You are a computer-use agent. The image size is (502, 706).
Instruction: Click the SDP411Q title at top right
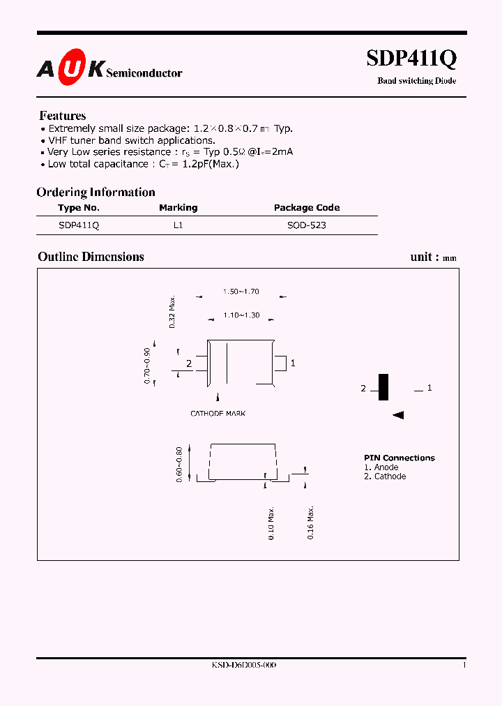point(411,59)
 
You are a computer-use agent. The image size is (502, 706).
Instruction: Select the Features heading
point(63,116)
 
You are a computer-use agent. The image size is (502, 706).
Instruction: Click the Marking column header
point(178,208)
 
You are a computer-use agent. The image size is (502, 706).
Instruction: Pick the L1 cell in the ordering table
point(178,226)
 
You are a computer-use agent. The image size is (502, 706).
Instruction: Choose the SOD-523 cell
point(307,226)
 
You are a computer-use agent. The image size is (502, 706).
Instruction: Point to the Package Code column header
point(307,208)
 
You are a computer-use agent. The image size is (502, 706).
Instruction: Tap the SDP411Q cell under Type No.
point(79,226)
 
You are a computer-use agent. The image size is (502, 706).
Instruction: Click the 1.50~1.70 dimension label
point(241,292)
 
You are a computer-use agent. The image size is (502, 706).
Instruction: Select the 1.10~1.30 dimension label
point(241,316)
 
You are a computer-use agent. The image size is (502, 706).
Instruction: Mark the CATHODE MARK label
point(218,414)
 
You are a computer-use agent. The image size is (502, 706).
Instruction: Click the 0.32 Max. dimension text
point(172,312)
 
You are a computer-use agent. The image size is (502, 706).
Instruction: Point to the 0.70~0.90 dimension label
point(147,365)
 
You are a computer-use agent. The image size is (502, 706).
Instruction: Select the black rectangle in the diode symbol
point(383,387)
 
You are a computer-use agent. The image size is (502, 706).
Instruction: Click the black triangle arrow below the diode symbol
point(398,415)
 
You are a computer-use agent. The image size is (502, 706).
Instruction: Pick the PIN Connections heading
point(400,458)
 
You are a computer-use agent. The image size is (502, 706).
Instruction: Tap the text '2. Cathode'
point(385,476)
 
